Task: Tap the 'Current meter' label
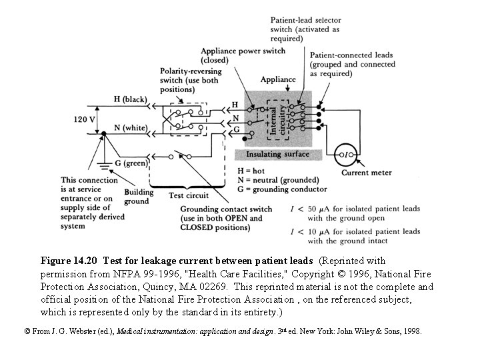tap(367, 173)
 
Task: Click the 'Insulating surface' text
tap(277, 154)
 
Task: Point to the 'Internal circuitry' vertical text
tap(277, 119)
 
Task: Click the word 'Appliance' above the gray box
tap(278, 79)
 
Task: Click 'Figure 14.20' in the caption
tap(70, 259)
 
